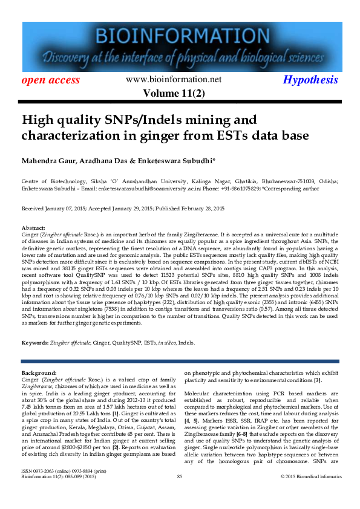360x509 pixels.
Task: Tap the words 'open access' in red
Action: (51, 80)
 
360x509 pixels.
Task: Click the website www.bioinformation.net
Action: (174, 79)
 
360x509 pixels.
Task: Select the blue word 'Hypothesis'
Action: (311, 80)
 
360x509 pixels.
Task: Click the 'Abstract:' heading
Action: (33, 227)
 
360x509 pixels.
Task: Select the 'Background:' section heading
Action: (39, 373)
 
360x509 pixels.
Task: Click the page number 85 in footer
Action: (180, 494)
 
